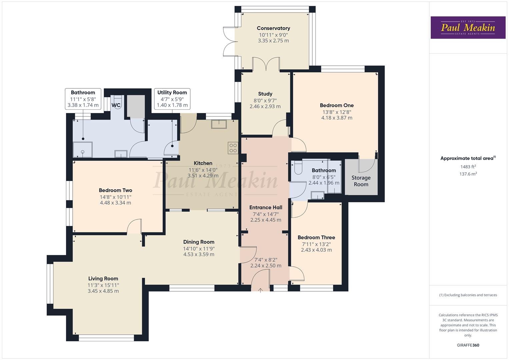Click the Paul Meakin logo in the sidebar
[x=468, y=28]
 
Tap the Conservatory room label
[x=273, y=28]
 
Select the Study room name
[x=265, y=94]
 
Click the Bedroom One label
[x=337, y=105]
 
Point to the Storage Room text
[x=361, y=181]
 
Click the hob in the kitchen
[x=233, y=148]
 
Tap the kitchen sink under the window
[x=219, y=124]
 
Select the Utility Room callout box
[x=172, y=99]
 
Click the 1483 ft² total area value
[x=468, y=167]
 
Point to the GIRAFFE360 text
[x=468, y=345]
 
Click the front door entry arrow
[x=261, y=290]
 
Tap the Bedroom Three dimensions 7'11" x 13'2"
[x=316, y=244]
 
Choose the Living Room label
[x=103, y=279]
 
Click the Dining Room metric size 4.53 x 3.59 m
[x=199, y=254]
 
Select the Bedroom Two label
[x=115, y=190]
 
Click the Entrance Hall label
[x=266, y=207]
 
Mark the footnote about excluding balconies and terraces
[x=468, y=295]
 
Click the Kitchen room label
[x=203, y=163]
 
